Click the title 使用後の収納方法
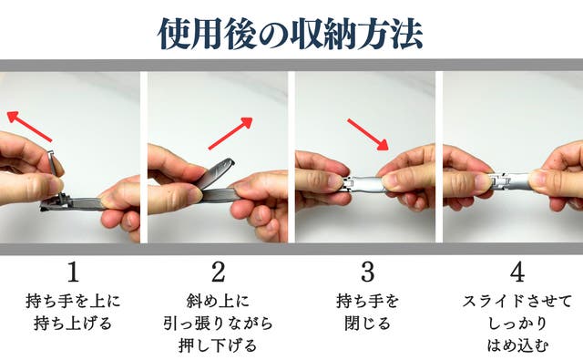pos(291,35)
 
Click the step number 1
pos(73,272)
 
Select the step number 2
pos(219,272)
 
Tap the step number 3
pos(367,272)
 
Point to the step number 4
pos(517,272)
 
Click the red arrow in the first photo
pos(30,127)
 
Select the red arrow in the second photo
pos(230,133)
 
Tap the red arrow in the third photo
pos(368,135)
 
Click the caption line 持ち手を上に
pos(73,302)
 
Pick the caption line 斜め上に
pos(218,302)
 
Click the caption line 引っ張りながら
pos(219,324)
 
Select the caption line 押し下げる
pos(218,345)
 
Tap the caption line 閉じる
pos(367,324)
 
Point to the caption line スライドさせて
pos(517,302)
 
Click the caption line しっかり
pos(517,324)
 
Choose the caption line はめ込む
pos(517,345)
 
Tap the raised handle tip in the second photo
pos(228,164)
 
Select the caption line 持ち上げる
pos(73,324)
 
